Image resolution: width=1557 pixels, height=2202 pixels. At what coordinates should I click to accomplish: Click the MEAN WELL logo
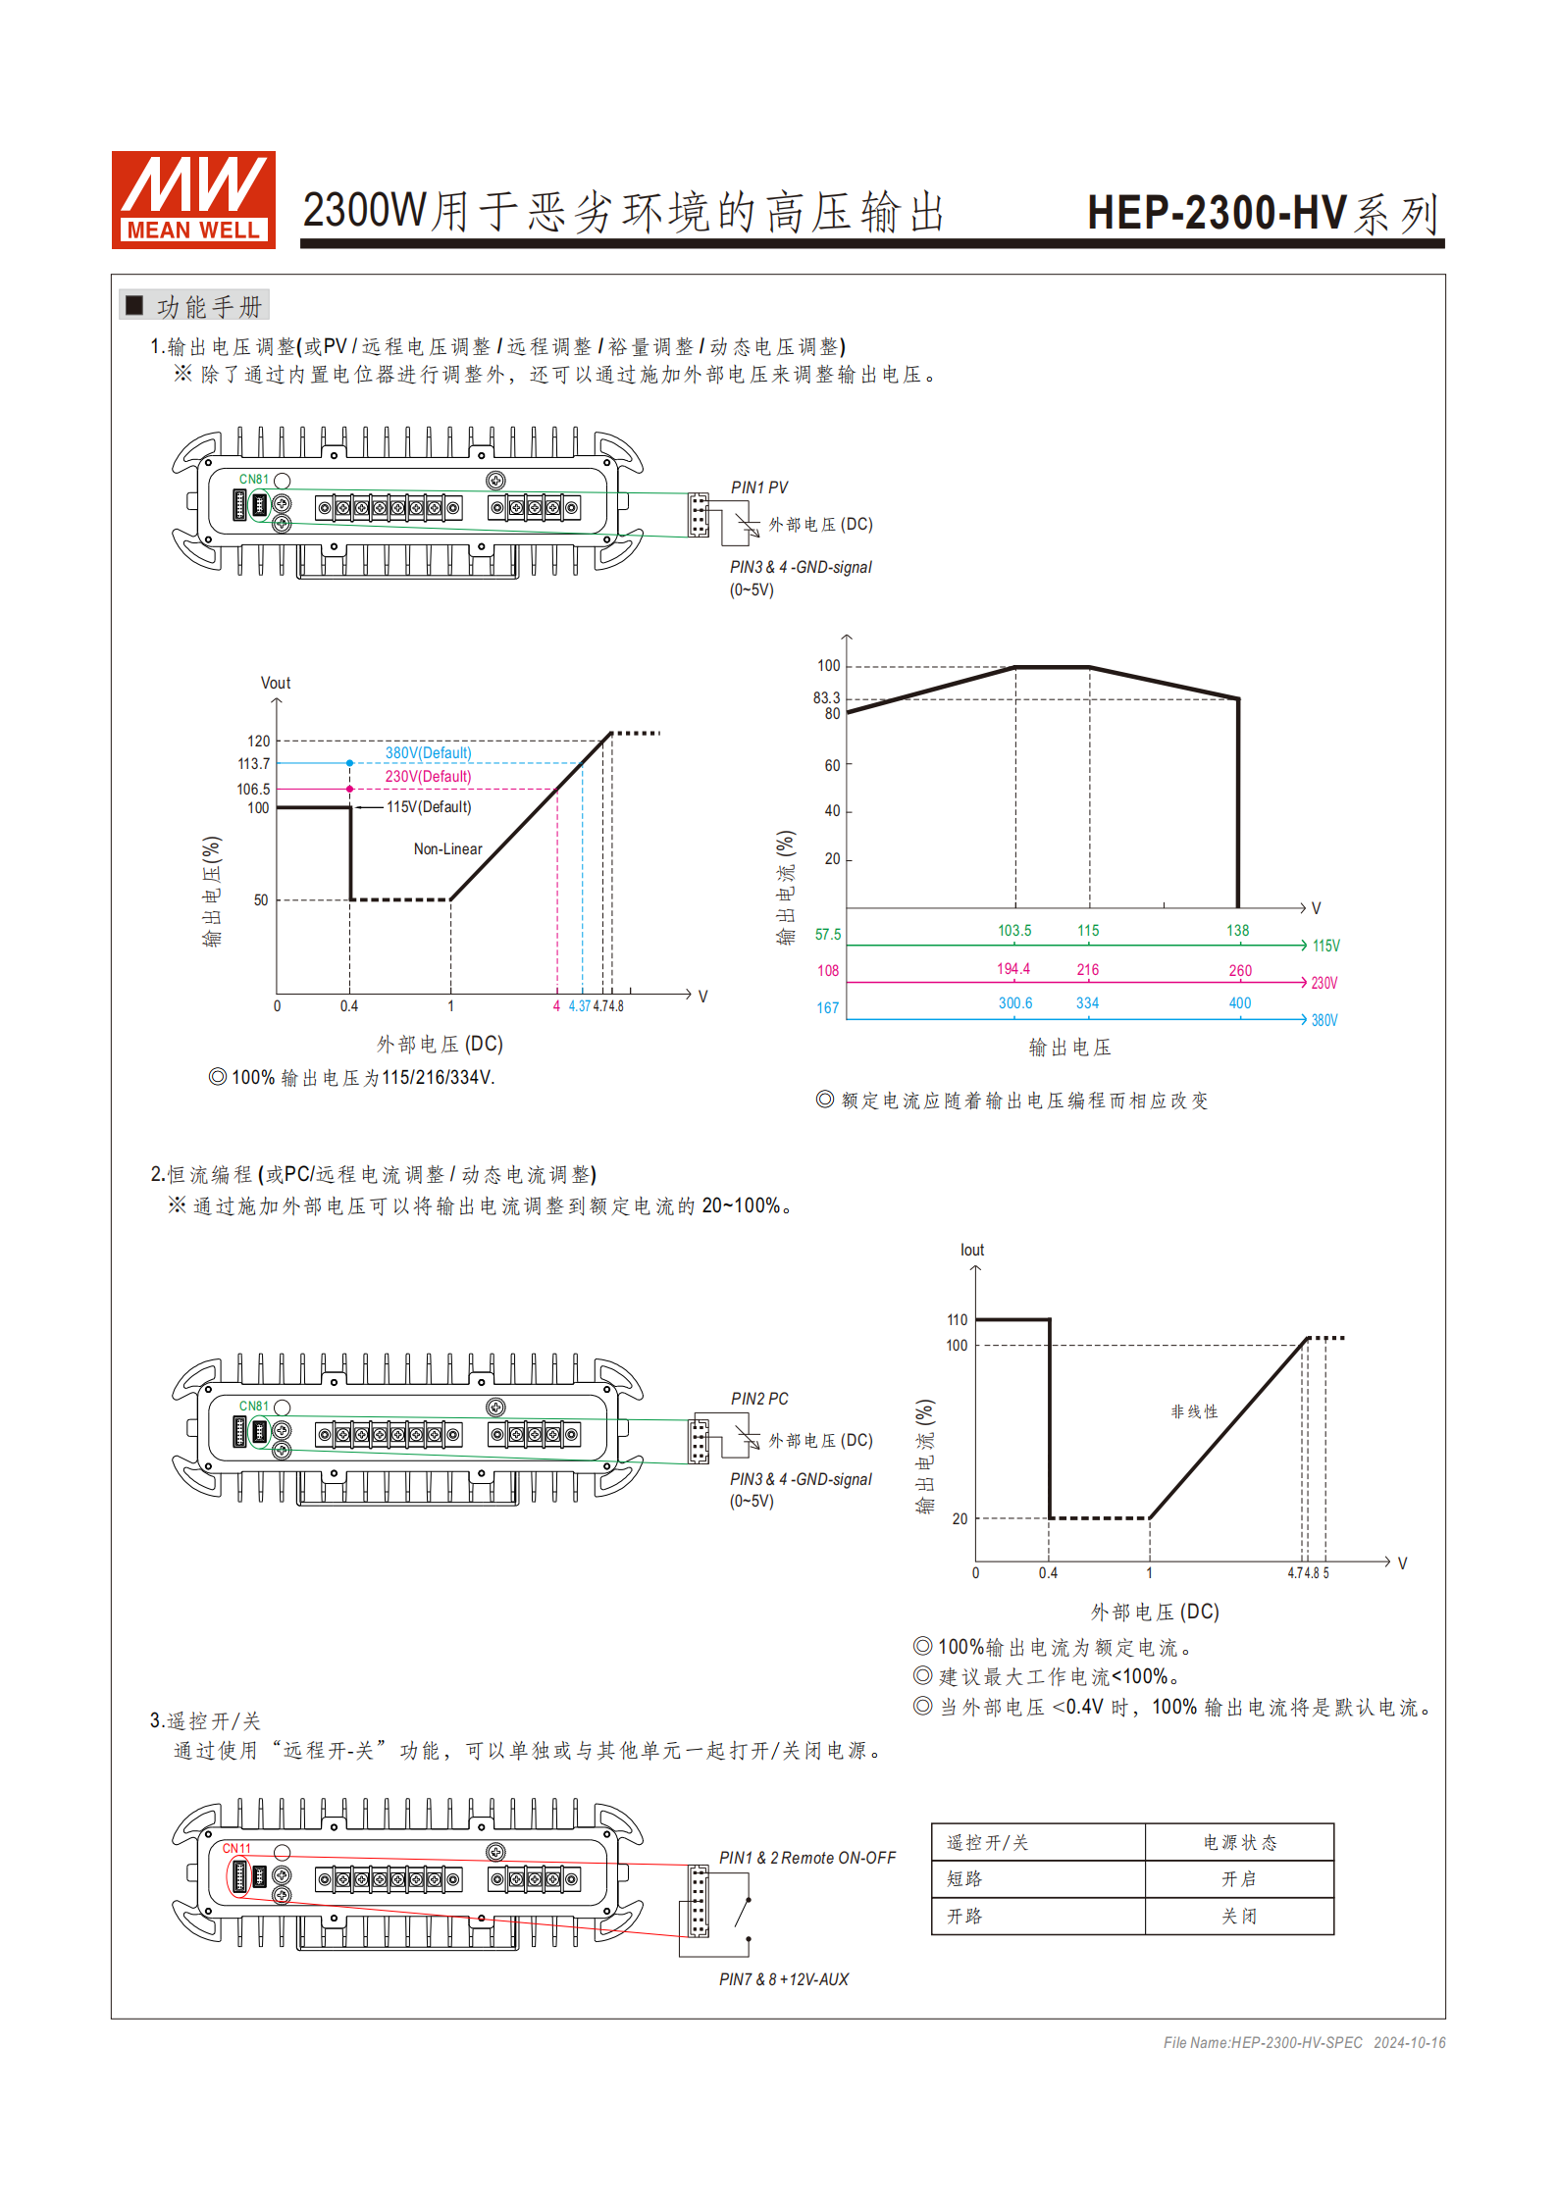click(x=193, y=199)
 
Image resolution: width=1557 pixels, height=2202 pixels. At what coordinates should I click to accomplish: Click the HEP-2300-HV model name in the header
click(x=1217, y=213)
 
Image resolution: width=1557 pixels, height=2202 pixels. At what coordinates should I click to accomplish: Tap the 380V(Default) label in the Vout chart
click(x=428, y=753)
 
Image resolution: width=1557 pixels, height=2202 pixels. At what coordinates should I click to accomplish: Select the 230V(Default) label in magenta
click(x=428, y=777)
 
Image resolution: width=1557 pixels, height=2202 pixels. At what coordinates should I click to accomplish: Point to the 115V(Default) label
click(x=429, y=807)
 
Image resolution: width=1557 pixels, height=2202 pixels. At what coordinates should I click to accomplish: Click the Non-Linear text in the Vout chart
click(x=447, y=849)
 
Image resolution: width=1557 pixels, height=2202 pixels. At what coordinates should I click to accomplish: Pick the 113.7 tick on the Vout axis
click(x=253, y=764)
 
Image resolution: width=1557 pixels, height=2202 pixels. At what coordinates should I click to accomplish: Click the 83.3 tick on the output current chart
click(x=826, y=698)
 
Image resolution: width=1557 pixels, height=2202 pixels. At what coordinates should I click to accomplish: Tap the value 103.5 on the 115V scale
click(x=1014, y=931)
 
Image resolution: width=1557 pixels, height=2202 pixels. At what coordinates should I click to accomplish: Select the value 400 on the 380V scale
click(x=1240, y=1003)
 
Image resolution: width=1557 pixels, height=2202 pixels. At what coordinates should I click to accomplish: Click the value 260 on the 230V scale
click(x=1240, y=971)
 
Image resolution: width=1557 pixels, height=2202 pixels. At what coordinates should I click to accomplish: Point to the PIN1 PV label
click(x=758, y=487)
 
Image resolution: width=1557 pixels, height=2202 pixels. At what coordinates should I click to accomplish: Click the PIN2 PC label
click(x=758, y=1399)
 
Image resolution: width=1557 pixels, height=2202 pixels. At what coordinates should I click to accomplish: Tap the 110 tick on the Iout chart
click(x=957, y=1320)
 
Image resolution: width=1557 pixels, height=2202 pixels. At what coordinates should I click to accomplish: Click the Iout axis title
click(x=971, y=1251)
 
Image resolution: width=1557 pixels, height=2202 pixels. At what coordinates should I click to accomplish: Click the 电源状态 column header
click(x=1239, y=1843)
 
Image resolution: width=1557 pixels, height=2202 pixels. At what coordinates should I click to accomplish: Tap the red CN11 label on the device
click(x=236, y=1849)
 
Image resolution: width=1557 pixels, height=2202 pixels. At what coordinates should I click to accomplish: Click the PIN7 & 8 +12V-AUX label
click(x=783, y=1979)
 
